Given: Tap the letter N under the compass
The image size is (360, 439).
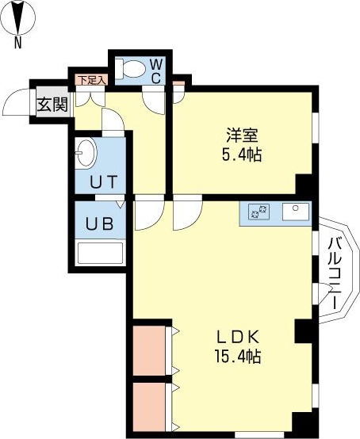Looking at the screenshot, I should [x=17, y=43].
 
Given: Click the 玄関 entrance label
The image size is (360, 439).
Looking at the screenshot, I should [x=52, y=104].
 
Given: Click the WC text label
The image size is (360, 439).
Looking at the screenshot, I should [x=156, y=70].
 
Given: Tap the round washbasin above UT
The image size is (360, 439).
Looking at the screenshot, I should [x=86, y=151].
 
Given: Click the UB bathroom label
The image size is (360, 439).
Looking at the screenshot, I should [x=101, y=223].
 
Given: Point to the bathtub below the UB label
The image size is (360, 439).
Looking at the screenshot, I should [x=101, y=253].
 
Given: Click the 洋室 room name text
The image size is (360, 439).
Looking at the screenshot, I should [x=241, y=136].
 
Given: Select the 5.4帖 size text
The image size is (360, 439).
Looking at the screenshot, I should [x=241, y=155].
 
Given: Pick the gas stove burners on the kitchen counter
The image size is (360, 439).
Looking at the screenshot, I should [x=259, y=212].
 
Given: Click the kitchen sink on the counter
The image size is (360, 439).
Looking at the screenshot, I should [x=298, y=211].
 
